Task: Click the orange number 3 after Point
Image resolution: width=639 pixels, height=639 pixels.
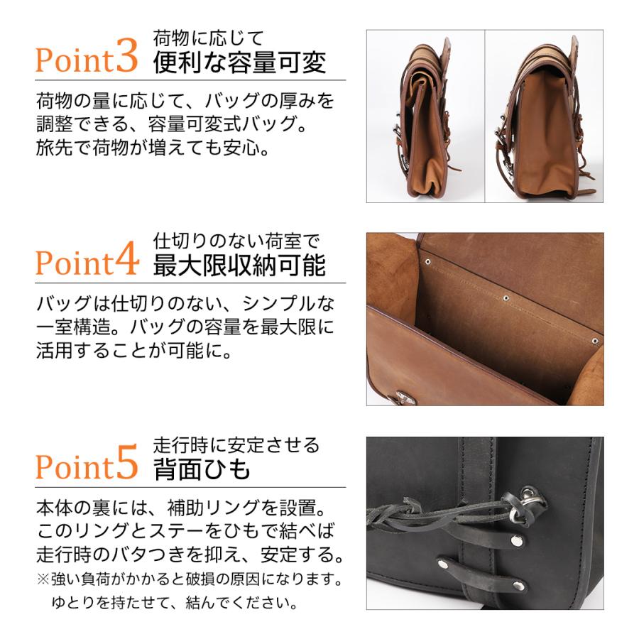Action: pos(126,59)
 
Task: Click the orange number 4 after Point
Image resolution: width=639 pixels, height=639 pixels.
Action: pos(126,261)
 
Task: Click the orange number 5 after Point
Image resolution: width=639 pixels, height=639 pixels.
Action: pos(126,465)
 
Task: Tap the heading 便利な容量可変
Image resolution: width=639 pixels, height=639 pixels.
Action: pos(239,62)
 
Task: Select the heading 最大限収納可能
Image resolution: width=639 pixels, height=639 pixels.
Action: pos(239,266)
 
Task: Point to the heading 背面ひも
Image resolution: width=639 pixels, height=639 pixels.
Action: pos(202,469)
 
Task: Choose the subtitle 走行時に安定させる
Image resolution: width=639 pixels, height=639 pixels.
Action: pos(236,445)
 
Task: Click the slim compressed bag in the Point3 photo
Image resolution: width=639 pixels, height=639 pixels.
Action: pos(425,121)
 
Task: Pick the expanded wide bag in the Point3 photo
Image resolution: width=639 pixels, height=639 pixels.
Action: pos(543,121)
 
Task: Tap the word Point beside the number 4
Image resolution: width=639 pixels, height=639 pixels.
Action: pos(74,263)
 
